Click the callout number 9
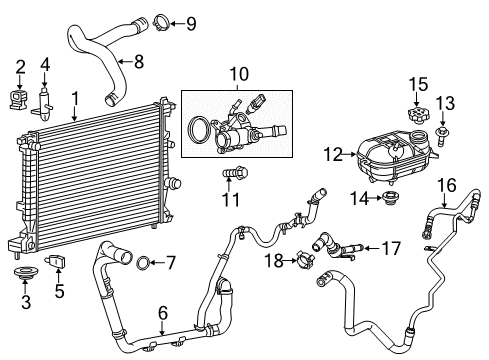coord(191,23)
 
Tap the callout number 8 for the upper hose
coord(139,62)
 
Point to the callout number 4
coord(44,66)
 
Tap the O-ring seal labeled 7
coord(143,263)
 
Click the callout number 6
coord(162,313)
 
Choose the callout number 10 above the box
coord(237,74)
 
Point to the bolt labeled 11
coord(232,176)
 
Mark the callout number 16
coord(447,185)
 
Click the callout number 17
coord(390,246)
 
